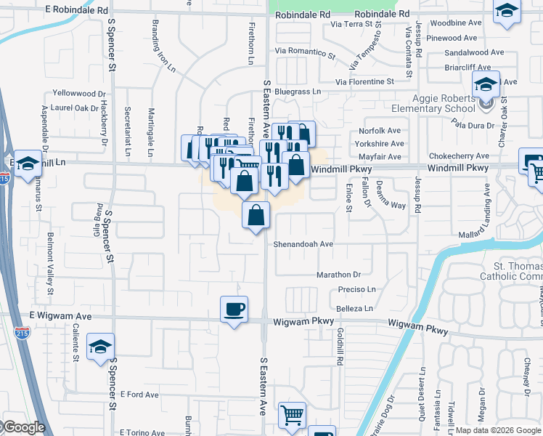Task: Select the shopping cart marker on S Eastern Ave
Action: tap(292, 416)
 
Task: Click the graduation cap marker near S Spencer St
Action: tap(100, 347)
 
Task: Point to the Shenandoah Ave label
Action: tap(303, 244)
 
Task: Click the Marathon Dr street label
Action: tap(338, 275)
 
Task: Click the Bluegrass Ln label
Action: tap(297, 92)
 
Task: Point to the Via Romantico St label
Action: tap(305, 52)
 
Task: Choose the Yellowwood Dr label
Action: tap(79, 94)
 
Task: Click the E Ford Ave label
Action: tap(139, 395)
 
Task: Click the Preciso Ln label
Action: tap(356, 289)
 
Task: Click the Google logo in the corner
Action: tap(23, 428)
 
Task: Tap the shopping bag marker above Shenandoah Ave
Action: tap(256, 216)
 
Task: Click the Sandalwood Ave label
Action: tap(474, 52)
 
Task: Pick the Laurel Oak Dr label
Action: tap(75, 108)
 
